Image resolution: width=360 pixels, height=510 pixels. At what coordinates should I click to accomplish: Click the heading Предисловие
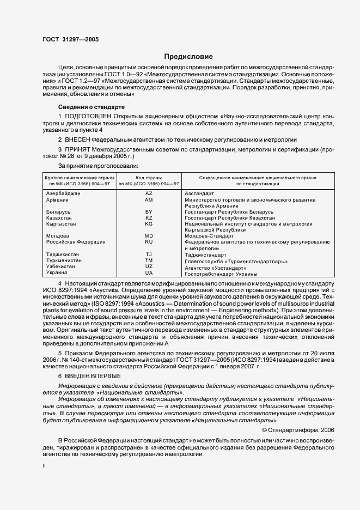tap(189, 56)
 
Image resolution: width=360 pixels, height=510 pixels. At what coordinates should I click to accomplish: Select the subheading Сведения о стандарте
tap(91, 107)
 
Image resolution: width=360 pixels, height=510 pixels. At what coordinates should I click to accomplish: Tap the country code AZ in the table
tap(149, 193)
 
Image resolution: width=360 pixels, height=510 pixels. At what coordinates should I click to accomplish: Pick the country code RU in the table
tap(149, 241)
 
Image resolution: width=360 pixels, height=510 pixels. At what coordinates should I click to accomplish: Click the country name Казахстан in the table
tap(59, 217)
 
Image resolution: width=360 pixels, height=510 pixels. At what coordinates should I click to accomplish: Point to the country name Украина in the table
tap(57, 272)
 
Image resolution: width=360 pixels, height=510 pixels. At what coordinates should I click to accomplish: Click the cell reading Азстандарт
tap(199, 193)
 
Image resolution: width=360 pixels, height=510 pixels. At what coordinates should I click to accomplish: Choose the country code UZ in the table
tap(149, 266)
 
